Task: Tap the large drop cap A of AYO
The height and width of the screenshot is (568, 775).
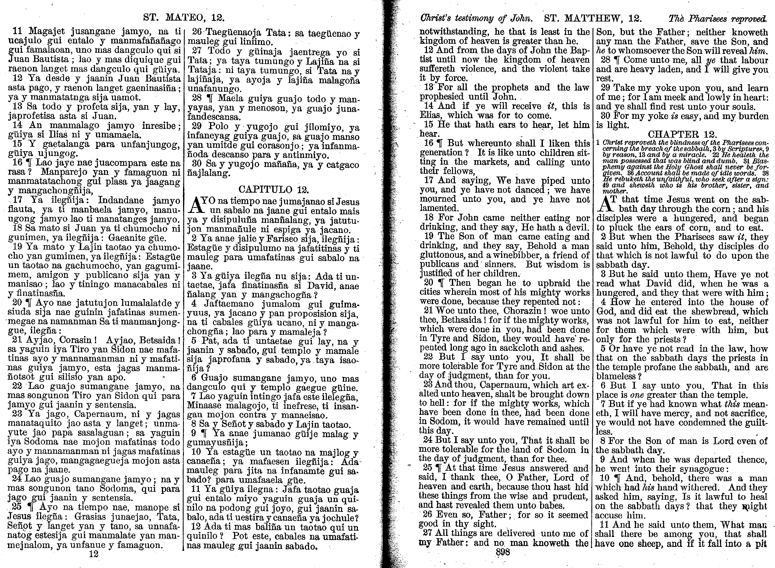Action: (x=194, y=205)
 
